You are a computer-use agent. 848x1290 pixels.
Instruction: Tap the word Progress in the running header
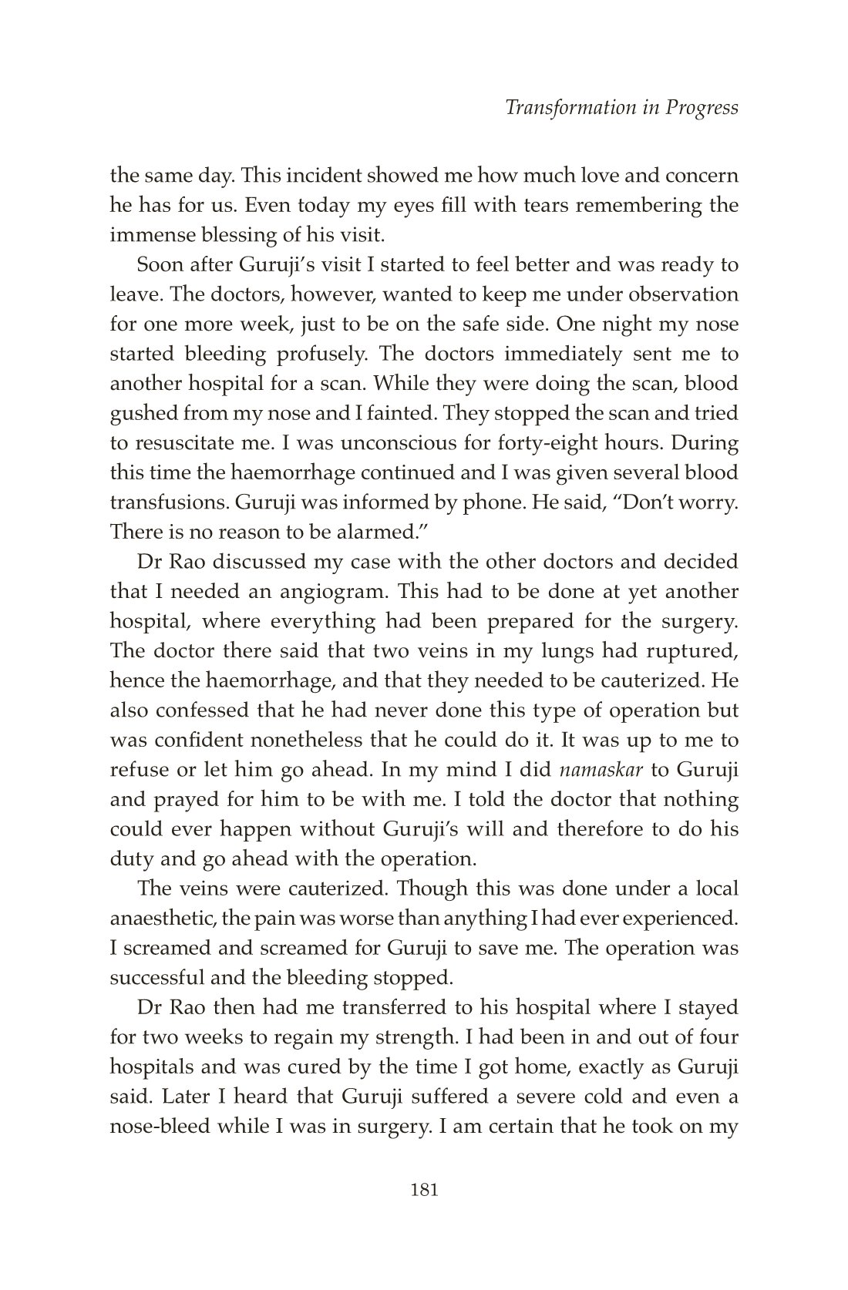[x=701, y=108]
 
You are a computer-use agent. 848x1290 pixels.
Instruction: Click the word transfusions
[x=163, y=502]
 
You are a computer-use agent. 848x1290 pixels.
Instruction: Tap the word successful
[x=155, y=977]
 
